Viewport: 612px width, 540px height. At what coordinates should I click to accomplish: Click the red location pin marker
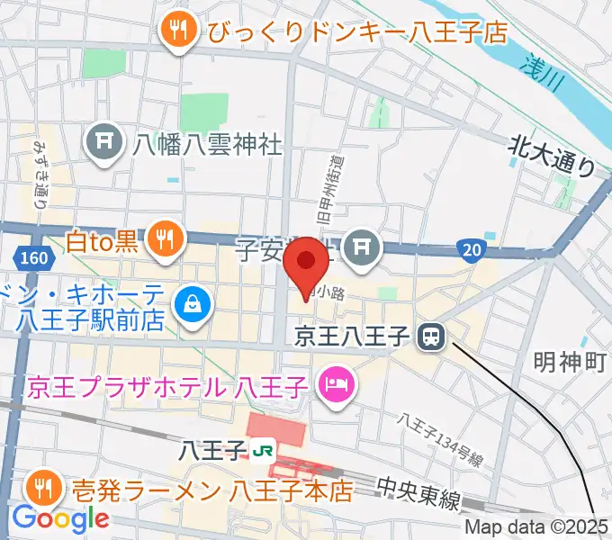306,262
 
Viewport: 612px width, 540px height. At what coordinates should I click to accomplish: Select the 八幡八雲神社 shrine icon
103,142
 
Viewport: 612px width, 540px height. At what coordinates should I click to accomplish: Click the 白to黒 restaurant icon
164,239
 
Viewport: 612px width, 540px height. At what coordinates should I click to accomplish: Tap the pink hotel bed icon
337,387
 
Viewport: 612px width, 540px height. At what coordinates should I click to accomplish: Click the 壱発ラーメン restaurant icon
42,490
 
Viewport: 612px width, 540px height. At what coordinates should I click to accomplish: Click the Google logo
60,519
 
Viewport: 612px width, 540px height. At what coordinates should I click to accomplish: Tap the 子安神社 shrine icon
364,244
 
